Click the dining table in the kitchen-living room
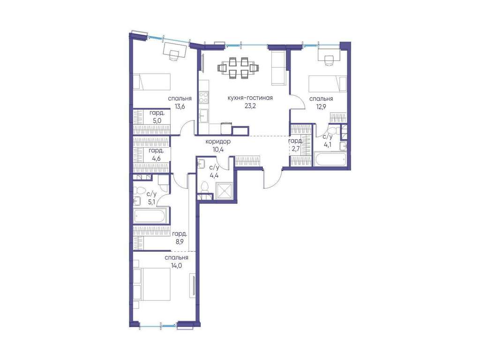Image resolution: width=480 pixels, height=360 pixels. (x=238, y=68)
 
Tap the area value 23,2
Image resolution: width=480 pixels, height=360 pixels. (x=250, y=106)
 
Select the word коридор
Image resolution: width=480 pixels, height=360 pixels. (x=217, y=142)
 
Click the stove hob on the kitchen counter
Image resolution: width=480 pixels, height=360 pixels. (x=203, y=97)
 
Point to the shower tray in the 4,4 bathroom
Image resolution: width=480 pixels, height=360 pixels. (x=225, y=191)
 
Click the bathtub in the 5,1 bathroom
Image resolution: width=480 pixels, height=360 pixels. (x=150, y=216)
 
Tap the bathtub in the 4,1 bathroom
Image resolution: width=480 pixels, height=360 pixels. (x=330, y=159)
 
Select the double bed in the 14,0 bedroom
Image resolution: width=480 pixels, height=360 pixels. (x=152, y=285)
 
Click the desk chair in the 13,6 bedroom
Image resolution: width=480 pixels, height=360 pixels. (x=174, y=56)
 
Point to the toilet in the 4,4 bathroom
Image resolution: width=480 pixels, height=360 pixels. (x=204, y=187)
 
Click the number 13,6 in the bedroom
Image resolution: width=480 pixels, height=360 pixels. (x=180, y=106)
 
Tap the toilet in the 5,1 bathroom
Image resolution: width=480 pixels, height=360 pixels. (x=139, y=190)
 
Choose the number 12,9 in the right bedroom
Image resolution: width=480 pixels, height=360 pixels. (x=321, y=106)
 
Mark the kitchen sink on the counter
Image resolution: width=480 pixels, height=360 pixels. (x=203, y=116)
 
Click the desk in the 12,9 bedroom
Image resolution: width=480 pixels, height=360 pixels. (x=328, y=54)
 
